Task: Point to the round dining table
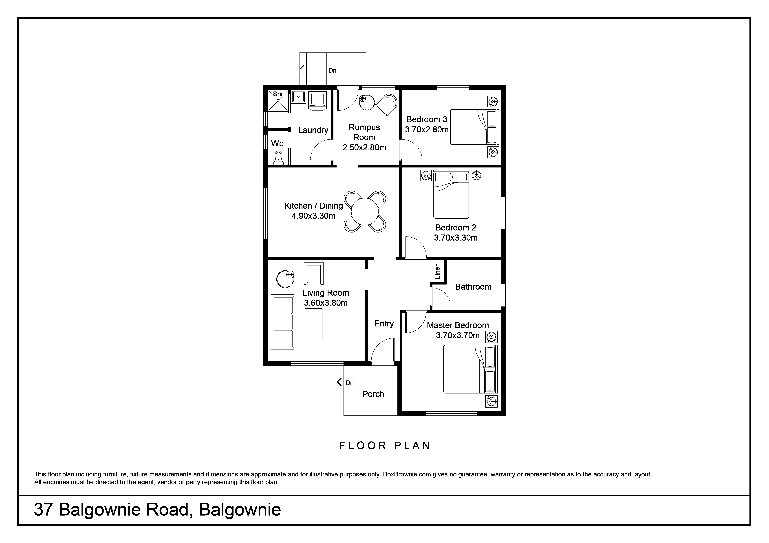365,211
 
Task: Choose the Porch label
373,394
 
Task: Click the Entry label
384,324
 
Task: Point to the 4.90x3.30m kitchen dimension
313,216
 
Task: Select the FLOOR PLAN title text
385,446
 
